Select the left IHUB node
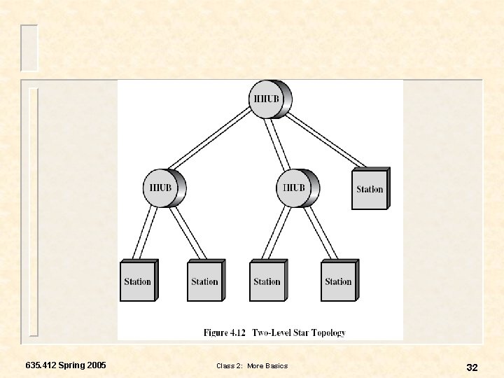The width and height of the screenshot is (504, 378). click(163, 188)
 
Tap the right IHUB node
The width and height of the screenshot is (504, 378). click(296, 188)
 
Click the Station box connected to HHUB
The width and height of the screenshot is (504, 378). click(370, 189)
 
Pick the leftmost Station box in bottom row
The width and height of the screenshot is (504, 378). click(138, 281)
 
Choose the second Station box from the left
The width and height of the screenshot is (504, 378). click(204, 281)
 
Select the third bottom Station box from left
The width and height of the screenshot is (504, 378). click(267, 281)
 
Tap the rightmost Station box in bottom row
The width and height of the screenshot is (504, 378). click(338, 281)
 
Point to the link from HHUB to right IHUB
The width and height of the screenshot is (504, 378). click(281, 143)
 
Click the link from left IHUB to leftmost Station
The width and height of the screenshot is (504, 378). click(148, 233)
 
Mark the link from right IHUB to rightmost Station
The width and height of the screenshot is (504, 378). click(323, 233)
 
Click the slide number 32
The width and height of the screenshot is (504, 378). click(472, 367)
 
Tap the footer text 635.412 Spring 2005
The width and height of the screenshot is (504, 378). click(66, 365)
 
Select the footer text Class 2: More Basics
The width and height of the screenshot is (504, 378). click(252, 366)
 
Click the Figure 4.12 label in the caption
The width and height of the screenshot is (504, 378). click(225, 332)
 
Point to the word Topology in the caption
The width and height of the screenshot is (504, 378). click(328, 332)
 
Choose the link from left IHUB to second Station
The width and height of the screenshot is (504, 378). click(188, 233)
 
